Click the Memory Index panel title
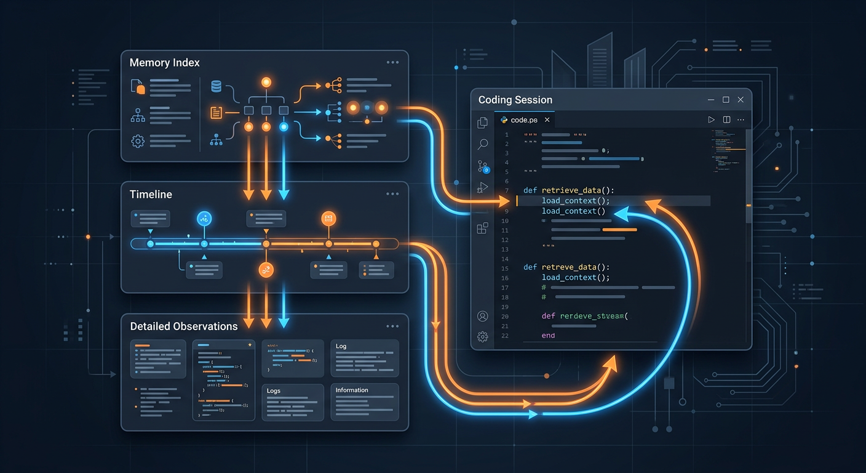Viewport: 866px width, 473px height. click(164, 63)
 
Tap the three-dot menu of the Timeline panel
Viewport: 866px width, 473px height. click(392, 194)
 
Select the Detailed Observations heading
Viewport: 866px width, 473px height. click(183, 326)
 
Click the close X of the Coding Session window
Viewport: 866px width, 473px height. click(741, 100)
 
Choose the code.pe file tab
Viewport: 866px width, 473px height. click(523, 119)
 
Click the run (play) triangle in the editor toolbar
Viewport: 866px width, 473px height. click(711, 119)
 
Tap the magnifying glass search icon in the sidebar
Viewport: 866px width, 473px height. click(483, 144)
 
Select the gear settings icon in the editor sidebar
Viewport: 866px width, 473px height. click(483, 336)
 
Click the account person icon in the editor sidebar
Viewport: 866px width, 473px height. click(483, 316)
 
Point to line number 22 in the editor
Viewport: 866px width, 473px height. click(505, 336)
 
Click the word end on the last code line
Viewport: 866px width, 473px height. click(548, 336)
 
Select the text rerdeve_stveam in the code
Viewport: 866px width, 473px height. click(592, 316)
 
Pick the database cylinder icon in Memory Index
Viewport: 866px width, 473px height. click(216, 87)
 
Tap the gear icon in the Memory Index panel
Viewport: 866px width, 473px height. click(138, 141)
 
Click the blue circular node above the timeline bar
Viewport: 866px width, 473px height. click(204, 219)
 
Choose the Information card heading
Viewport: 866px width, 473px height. click(352, 390)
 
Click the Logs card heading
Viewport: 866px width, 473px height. click(274, 390)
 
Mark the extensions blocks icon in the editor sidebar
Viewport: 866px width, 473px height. click(483, 228)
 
